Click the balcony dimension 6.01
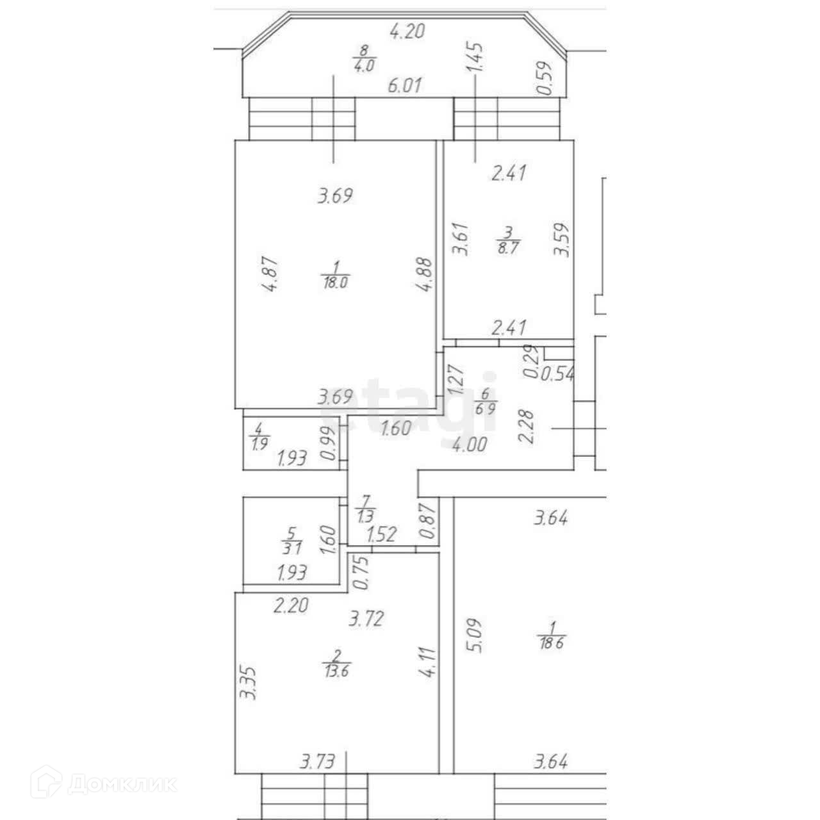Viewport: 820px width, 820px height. coord(405,85)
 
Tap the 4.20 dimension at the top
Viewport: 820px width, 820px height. coord(407,31)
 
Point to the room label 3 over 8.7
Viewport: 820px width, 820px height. coord(507,242)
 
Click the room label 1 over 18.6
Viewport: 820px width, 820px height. coord(553,635)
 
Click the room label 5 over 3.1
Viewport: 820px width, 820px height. coord(292,540)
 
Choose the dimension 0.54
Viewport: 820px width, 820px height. coord(557,373)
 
